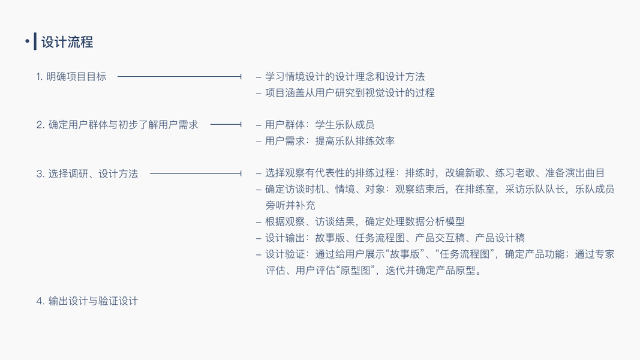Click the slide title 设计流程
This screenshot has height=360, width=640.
pos(67,42)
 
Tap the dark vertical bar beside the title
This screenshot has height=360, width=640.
pos(35,41)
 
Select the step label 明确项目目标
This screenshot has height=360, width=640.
pos(76,77)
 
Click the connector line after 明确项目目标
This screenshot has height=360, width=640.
pos(179,76)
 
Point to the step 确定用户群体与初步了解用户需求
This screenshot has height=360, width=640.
pos(123,125)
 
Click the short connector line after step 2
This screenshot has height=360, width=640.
pos(226,124)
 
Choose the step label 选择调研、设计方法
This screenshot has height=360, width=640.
pos(93,174)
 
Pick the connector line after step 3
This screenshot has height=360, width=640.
pos(196,173)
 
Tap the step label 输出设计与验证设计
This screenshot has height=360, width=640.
pos(93,301)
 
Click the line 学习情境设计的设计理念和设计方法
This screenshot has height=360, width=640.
pos(345,77)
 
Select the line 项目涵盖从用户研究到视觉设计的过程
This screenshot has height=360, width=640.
pos(350,93)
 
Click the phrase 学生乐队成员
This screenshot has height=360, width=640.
pos(345,125)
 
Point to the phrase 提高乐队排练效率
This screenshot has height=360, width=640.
pos(354,141)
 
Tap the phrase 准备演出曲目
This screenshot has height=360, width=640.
pos(575,173)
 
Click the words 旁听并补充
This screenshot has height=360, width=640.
pos(290,205)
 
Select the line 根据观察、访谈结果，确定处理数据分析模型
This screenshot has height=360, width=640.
pos(365,221)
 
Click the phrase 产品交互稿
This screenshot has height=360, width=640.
pos(440,238)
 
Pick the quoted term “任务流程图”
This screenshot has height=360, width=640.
pos(465,254)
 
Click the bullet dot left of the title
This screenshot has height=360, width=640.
pos(27,41)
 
